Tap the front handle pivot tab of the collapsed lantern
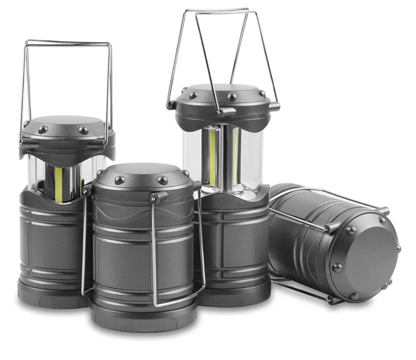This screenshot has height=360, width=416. [158, 197]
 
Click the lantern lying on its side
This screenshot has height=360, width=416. [332, 243]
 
